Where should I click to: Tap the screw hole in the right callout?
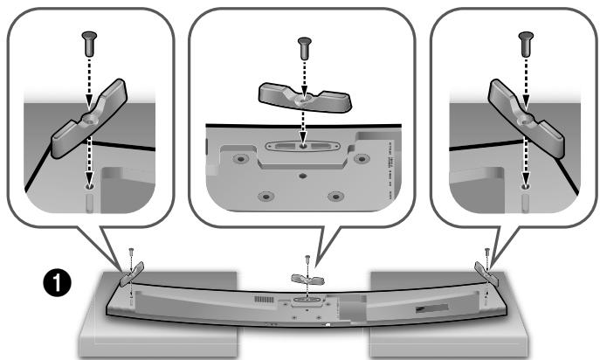525,185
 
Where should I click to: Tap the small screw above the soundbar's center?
307,260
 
